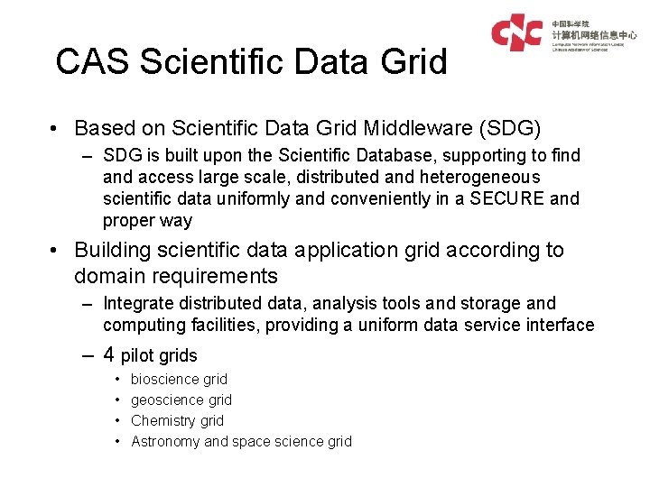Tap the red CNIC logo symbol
[x=516, y=32]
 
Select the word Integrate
[x=138, y=304]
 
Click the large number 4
[x=109, y=354]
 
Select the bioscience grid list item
[x=179, y=380]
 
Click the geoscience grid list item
[x=181, y=400]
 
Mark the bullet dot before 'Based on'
[x=56, y=128]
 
